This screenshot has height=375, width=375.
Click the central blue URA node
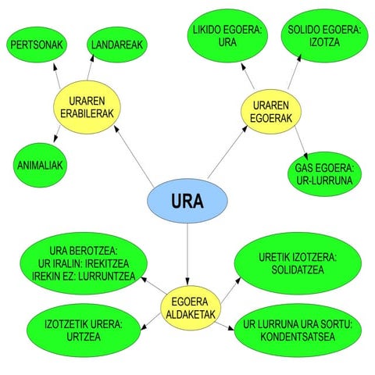click(x=187, y=202)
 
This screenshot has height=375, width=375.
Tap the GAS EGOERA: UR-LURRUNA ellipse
click(x=325, y=173)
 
